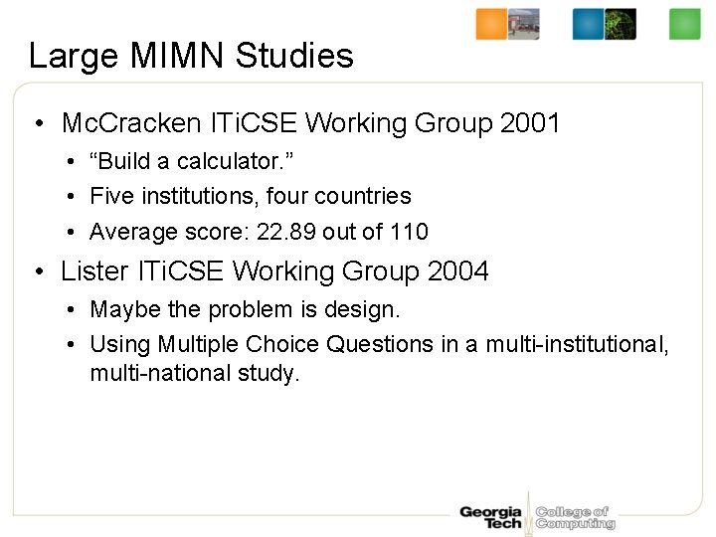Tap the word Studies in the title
point(294,56)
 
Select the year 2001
point(531,123)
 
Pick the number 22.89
point(285,233)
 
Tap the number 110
point(409,233)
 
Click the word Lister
point(94,270)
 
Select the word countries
point(362,197)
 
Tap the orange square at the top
point(491,24)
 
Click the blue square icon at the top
point(588,24)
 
